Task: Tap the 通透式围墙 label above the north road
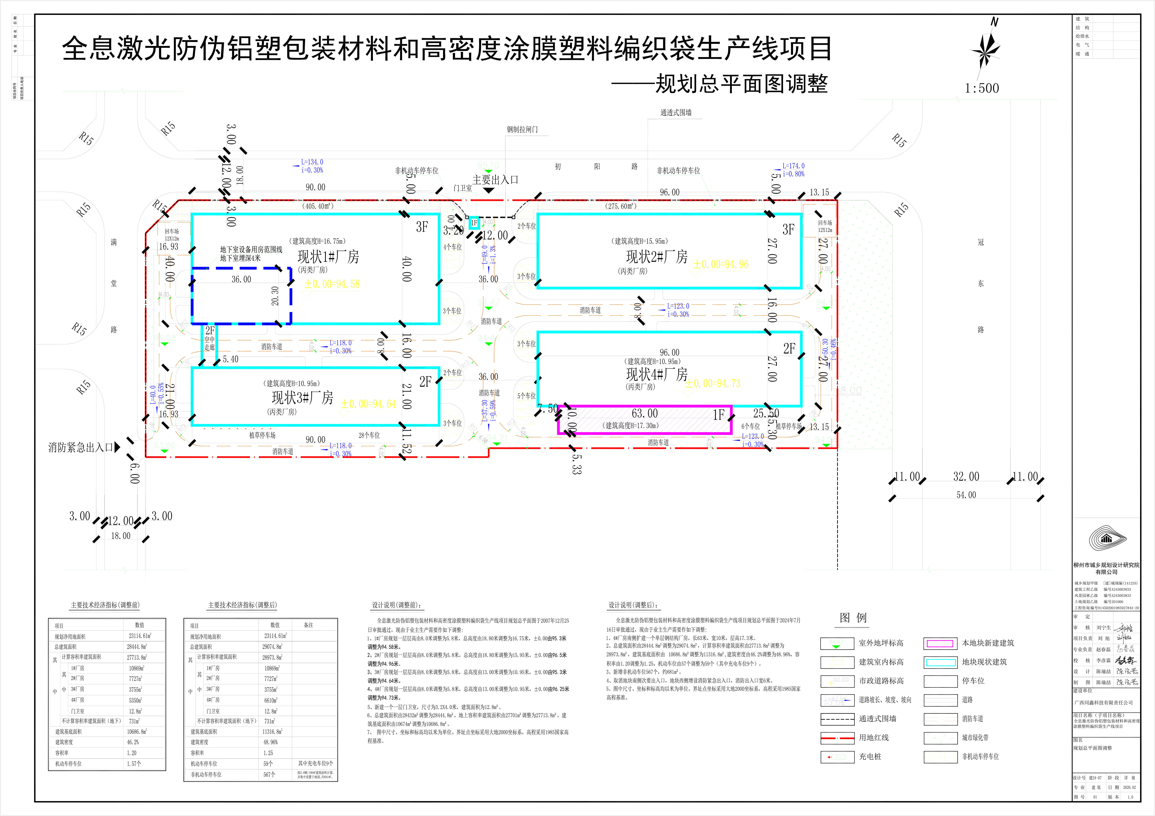click(676, 113)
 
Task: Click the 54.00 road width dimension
click(966, 495)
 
